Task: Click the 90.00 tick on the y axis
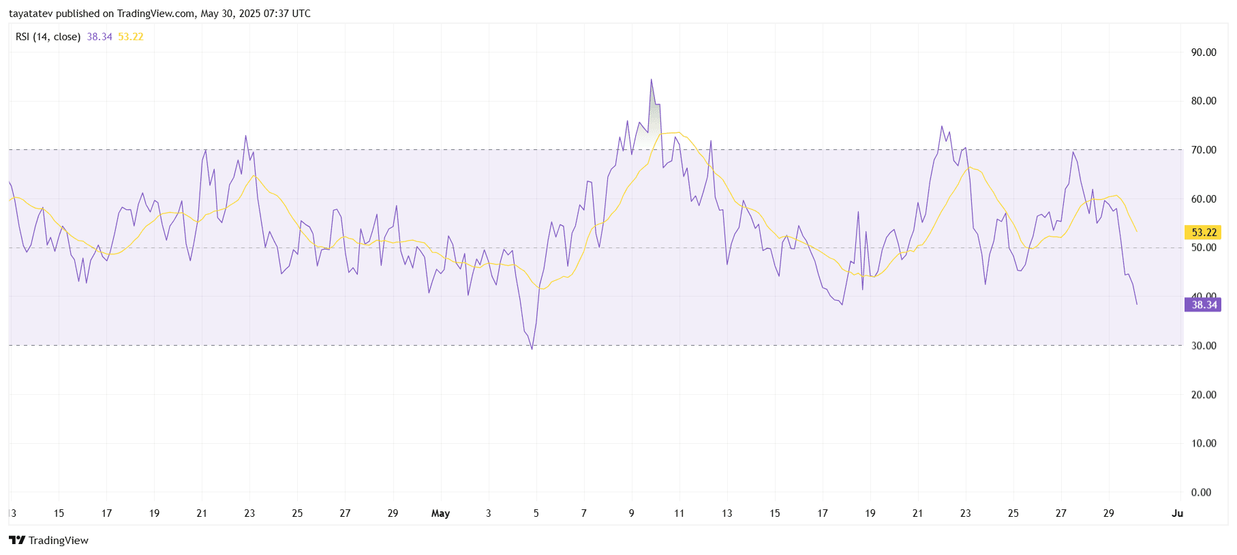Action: point(1203,52)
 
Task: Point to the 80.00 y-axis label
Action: point(1203,101)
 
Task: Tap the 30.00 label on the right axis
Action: point(1203,346)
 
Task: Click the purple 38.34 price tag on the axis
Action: point(1204,305)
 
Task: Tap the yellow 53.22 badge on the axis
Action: point(1204,232)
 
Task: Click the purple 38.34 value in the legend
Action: point(100,37)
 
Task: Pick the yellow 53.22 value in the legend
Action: point(131,37)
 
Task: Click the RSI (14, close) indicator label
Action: point(48,37)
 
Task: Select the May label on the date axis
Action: point(440,513)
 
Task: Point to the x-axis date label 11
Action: point(679,513)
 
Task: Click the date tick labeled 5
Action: point(536,513)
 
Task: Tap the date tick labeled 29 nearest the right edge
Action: point(1108,513)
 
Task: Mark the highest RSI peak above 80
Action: point(651,80)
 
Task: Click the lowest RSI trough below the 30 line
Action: point(532,349)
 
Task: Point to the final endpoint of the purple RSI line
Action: point(1137,304)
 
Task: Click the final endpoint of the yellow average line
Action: point(1136,232)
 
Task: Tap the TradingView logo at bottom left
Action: point(17,540)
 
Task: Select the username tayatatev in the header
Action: point(31,14)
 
